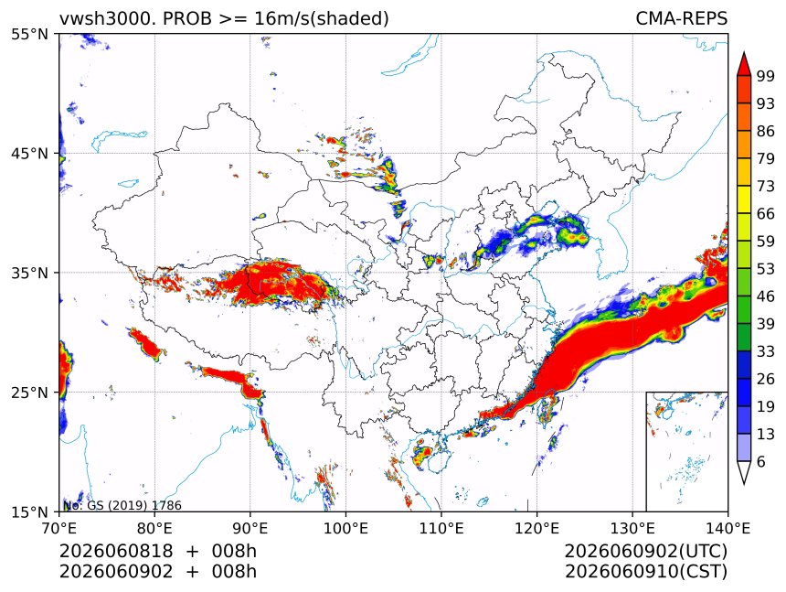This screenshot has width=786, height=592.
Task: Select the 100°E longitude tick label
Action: tap(345, 528)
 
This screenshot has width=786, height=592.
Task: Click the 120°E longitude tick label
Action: tap(536, 528)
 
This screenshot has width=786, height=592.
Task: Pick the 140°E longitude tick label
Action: tap(728, 528)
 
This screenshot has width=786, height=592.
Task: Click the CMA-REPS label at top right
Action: tap(681, 18)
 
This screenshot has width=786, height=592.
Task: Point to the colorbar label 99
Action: tap(766, 76)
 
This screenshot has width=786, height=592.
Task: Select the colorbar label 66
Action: tap(766, 214)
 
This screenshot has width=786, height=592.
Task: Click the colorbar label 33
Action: tap(766, 351)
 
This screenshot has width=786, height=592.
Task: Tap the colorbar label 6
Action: tap(761, 461)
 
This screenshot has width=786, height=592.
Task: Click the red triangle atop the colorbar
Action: tap(744, 65)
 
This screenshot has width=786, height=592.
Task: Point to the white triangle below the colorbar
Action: tap(744, 470)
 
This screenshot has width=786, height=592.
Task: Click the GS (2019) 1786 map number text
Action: tap(134, 505)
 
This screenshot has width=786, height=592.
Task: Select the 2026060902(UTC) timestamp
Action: tap(645, 551)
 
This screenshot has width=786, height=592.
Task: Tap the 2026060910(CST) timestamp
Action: tap(645, 572)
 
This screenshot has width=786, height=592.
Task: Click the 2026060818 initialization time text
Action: tap(116, 551)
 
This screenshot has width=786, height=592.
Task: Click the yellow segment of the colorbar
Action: tap(744, 199)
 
